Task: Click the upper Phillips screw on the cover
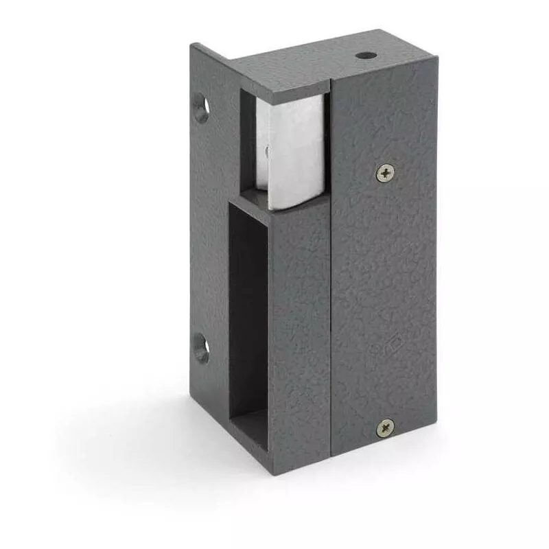click(x=386, y=173)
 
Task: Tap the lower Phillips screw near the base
click(x=385, y=428)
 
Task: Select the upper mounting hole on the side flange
click(x=201, y=108)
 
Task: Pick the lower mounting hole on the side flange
click(x=201, y=348)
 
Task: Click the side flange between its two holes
click(x=206, y=226)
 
